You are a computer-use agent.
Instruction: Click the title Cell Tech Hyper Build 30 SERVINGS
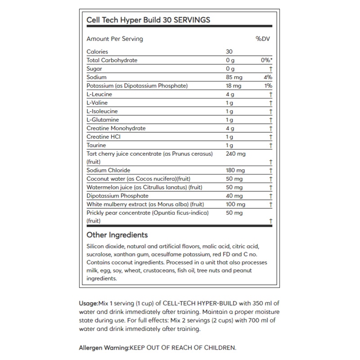tap(148, 20)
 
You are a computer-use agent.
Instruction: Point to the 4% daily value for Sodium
tap(269, 77)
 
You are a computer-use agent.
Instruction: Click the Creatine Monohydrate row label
tap(116, 128)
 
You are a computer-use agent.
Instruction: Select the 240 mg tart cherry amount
tap(235, 154)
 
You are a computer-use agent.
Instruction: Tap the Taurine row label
tap(96, 145)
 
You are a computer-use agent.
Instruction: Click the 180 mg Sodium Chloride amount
tap(235, 171)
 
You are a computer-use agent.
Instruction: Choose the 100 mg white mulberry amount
tap(235, 204)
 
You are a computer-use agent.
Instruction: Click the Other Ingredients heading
tap(117, 235)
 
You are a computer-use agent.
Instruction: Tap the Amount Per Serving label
tap(115, 39)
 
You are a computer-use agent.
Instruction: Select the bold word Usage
tap(88, 303)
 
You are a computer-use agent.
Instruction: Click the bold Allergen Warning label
tap(104, 348)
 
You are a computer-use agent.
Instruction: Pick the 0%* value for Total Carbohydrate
tap(267, 60)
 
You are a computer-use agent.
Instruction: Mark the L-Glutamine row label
tap(103, 120)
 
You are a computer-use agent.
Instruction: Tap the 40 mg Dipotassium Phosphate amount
tap(234, 196)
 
